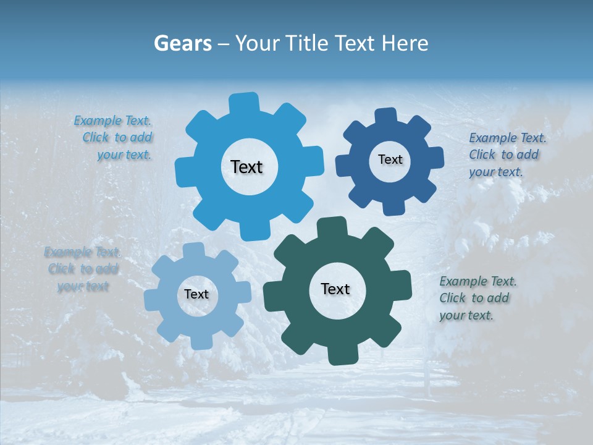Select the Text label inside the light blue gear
point(246,167)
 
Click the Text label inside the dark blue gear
point(390,159)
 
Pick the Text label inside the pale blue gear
point(196,294)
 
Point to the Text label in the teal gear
point(335,289)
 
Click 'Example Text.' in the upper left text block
point(112,121)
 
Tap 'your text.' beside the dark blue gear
point(495,172)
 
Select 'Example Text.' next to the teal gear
point(478,282)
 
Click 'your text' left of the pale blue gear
point(83,286)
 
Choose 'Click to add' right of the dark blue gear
point(503,155)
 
